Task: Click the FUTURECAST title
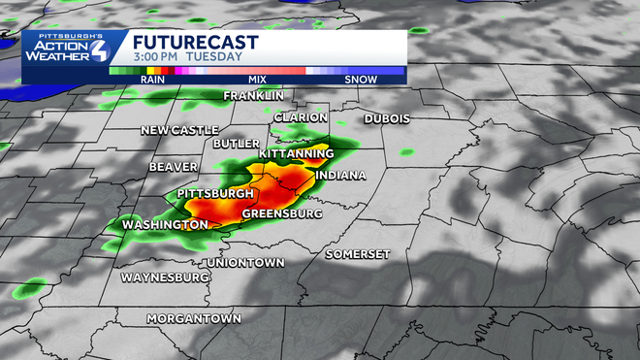[194, 42]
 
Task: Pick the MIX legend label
[257, 80]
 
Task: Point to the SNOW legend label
[361, 80]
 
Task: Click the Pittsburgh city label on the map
[215, 194]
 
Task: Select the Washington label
[165, 225]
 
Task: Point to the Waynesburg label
[166, 278]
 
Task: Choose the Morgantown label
[194, 318]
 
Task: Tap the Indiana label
[340, 176]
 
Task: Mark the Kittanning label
[296, 154]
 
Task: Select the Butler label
[237, 144]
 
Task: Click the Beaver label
[174, 167]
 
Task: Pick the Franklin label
[253, 96]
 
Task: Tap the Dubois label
[387, 118]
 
